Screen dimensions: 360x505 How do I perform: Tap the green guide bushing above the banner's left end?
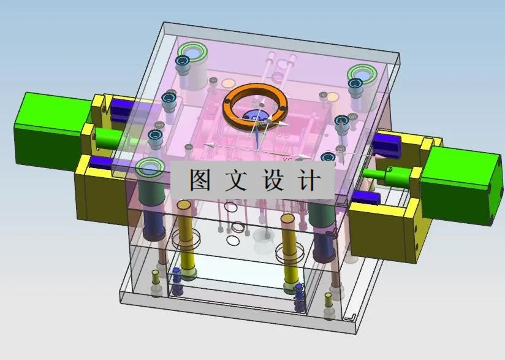[x=150, y=167]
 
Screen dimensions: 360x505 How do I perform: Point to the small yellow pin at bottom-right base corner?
[x=327, y=301]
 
